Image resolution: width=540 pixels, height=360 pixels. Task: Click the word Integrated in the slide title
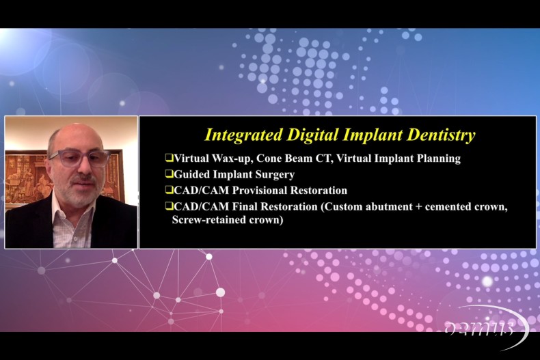(243, 135)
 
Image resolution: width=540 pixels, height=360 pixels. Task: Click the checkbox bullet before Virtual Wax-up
(169, 158)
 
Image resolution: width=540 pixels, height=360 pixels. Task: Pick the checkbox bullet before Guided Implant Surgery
(169, 174)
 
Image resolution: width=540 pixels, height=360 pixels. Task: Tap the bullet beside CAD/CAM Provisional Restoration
(169, 190)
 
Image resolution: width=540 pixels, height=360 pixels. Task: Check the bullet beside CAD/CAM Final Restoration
(169, 206)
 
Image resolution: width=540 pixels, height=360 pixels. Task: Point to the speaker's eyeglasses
(80, 158)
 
